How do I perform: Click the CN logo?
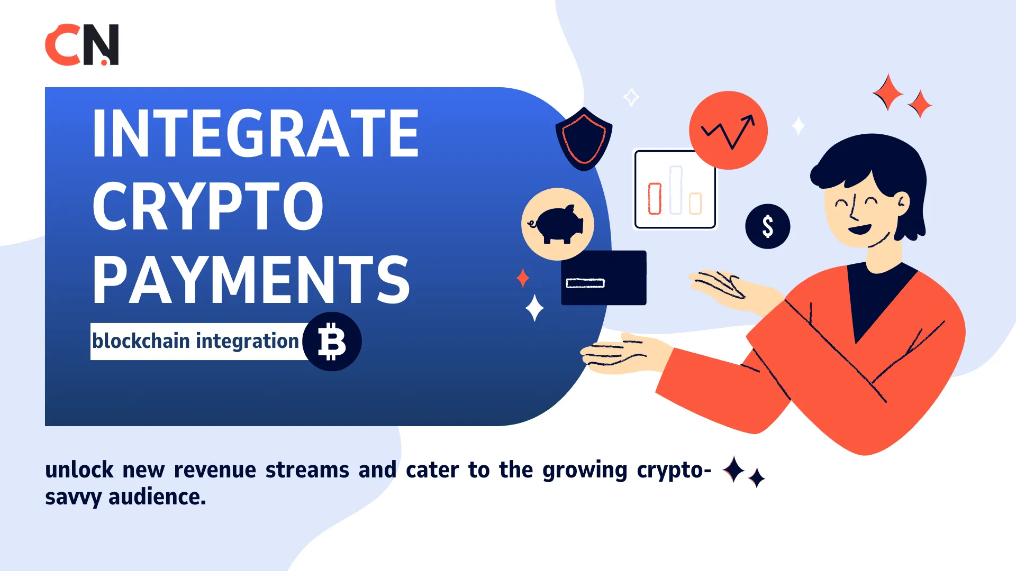(82, 45)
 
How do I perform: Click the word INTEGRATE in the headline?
(256, 133)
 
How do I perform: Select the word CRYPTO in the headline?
(207, 206)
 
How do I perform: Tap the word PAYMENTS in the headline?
(251, 280)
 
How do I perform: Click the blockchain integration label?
(196, 341)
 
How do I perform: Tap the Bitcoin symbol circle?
(332, 342)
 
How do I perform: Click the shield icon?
(584, 139)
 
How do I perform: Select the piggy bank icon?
(557, 224)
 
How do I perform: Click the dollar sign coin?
(767, 226)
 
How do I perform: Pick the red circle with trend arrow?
(728, 131)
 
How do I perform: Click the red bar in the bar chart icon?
(655, 199)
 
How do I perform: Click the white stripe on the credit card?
(585, 283)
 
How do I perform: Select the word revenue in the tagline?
(215, 470)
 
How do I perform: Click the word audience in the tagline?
(157, 497)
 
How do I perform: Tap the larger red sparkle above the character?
(887, 92)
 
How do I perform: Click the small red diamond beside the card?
(523, 278)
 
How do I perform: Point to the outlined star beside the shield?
(631, 97)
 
